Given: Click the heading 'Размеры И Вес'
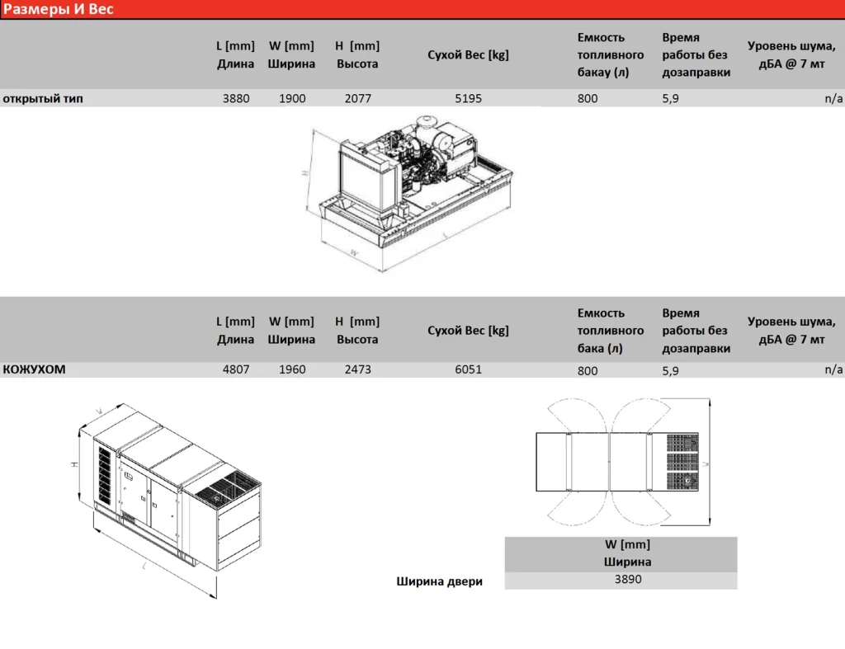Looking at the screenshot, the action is coord(59,9).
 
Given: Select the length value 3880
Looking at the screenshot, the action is coord(236,99).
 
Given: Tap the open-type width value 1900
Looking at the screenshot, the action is coord(292,99).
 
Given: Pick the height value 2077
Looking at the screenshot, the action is coord(358,99).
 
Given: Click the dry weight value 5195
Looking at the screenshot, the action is coord(469,99).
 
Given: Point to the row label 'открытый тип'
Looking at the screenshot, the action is coord(43,99).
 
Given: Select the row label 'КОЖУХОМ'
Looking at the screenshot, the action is coord(34,369).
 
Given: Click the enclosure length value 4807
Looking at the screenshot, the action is coord(236,369).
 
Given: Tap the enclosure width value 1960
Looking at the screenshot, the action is coord(292,369).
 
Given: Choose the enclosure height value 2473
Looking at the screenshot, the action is coord(358,369).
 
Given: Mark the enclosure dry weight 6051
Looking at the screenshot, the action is coord(469,369).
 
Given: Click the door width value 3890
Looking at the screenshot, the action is coord(628,580).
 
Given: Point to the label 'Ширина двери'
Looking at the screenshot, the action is coord(439,581).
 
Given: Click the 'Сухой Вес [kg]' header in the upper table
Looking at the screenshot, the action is coord(468,55).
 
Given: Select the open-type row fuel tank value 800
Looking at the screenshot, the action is coord(588,99).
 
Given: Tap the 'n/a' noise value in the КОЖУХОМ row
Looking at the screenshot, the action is coord(833,369).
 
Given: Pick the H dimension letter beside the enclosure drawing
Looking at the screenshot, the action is coord(75,464).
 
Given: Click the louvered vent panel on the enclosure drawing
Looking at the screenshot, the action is coord(105,476).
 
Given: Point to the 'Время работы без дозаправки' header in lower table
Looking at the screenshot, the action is coord(696,331).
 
